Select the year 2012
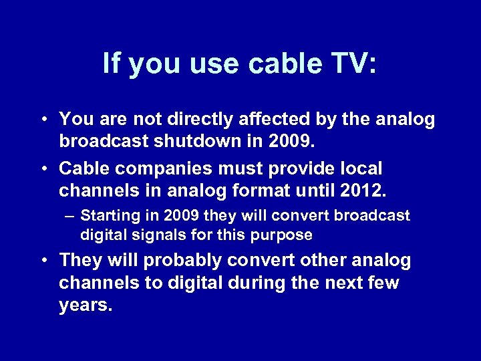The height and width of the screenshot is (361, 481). pyautogui.click(x=362, y=191)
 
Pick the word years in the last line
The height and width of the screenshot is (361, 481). pyautogui.click(x=86, y=306)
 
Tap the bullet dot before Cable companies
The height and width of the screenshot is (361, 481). pyautogui.click(x=42, y=168)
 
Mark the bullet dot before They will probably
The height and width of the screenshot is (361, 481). pyautogui.click(x=42, y=261)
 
